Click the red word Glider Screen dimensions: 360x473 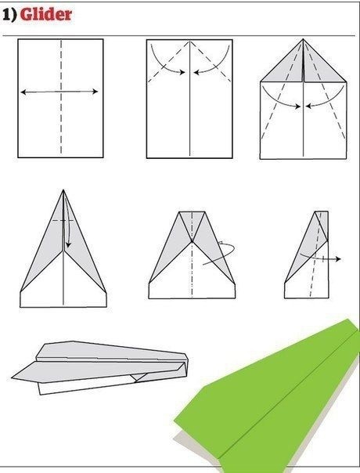coord(46,14)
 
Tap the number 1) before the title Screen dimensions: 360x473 coord(9,15)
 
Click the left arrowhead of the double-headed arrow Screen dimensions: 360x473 coord(23,92)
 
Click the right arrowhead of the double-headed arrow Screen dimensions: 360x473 coord(95,92)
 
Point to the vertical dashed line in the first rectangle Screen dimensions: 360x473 coord(61,96)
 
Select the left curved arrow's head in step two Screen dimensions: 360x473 coord(182,72)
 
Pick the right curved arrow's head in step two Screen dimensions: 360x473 coord(197,72)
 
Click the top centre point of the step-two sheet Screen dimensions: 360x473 coord(189,40)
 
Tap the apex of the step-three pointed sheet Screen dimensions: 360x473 coord(303,39)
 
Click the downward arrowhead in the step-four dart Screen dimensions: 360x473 coord(68,244)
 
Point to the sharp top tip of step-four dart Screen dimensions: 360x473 coord(63,190)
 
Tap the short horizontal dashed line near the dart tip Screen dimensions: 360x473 coord(63,221)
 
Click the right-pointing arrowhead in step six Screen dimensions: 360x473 coord(338,259)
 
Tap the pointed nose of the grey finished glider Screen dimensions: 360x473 coord(13,377)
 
